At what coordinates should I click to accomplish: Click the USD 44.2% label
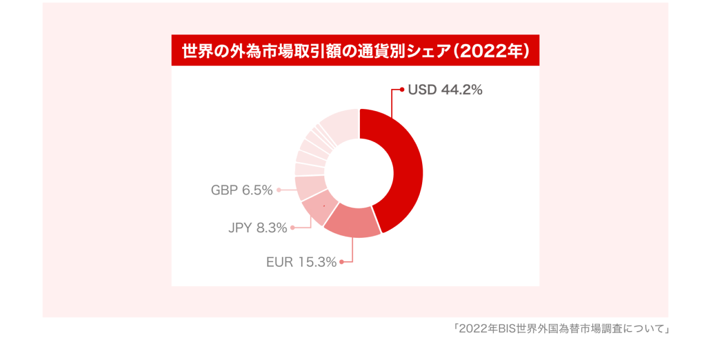[x=445, y=90]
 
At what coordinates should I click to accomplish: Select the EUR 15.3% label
[x=301, y=262]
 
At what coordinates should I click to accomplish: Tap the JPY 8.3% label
[x=258, y=228]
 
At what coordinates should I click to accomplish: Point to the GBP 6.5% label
[x=242, y=191]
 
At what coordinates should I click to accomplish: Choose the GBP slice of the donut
[x=309, y=187]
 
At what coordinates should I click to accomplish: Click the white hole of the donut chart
[x=359, y=173]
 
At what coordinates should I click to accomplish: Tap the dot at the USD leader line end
[x=402, y=89]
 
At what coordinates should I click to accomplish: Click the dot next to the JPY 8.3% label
[x=292, y=227]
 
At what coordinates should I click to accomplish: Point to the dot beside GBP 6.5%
[x=278, y=190]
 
